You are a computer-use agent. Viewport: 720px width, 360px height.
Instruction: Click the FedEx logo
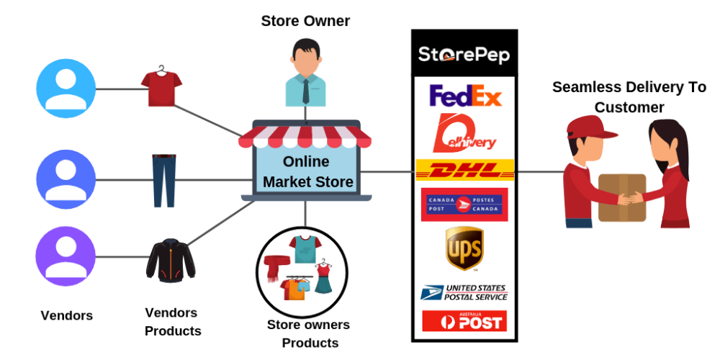[x=465, y=95]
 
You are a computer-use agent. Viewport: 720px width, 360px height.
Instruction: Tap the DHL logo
[x=465, y=171]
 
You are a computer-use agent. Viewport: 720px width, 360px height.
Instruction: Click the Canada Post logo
[x=464, y=204]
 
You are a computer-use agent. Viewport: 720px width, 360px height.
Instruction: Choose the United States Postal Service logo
[x=464, y=292]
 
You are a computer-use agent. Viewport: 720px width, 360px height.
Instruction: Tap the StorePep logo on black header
[x=464, y=54]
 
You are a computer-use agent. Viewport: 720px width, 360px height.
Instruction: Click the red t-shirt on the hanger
[x=158, y=86]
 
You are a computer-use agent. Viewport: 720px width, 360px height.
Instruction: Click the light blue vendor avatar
[x=66, y=88]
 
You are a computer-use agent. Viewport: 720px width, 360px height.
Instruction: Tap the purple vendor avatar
[x=66, y=256]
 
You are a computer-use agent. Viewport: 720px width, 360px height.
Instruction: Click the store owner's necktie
[x=306, y=90]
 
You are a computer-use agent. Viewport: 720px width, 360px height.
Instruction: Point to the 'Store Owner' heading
[x=305, y=21]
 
